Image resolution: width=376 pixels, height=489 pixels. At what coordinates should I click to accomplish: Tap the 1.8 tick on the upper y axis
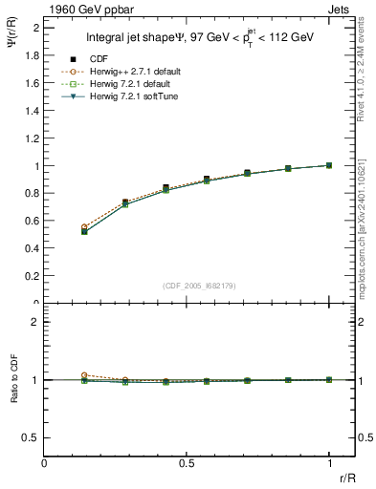pyautogui.click(x=33, y=55)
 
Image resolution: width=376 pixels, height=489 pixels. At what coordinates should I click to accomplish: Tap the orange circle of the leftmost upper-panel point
pyautogui.click(x=84, y=227)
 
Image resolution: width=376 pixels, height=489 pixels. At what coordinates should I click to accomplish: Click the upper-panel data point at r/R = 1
pyautogui.click(x=329, y=165)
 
